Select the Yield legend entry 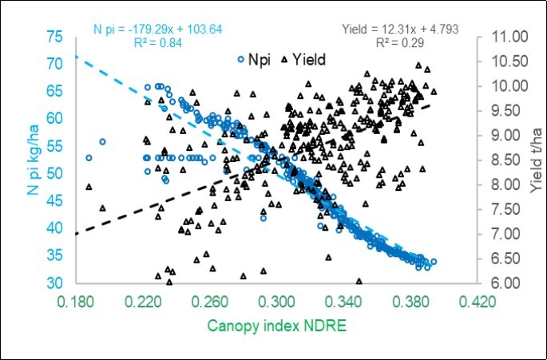[305, 58]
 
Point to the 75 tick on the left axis [55, 38]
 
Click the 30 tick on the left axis [55, 283]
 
